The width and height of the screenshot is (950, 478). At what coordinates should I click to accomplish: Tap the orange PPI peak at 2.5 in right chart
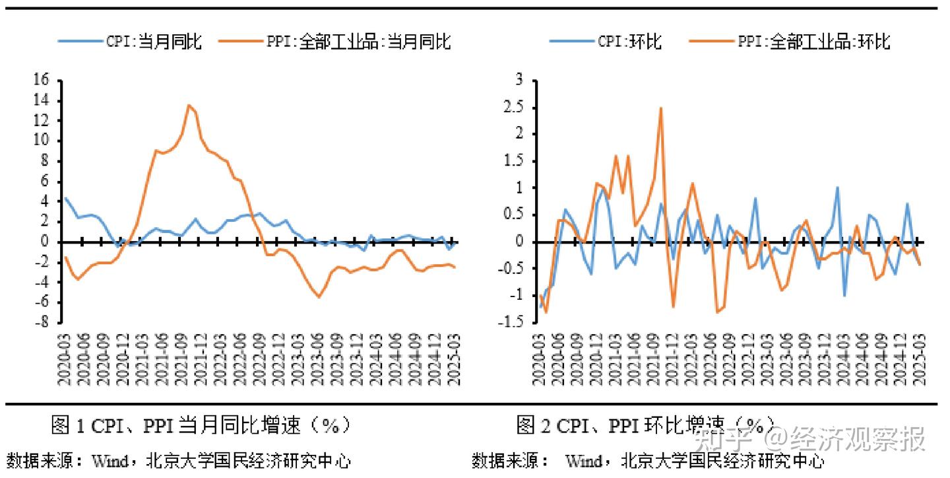[660, 108]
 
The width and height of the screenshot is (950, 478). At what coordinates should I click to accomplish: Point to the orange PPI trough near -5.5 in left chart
[319, 297]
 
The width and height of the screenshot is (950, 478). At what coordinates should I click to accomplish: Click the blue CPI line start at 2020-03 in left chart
[65, 198]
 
